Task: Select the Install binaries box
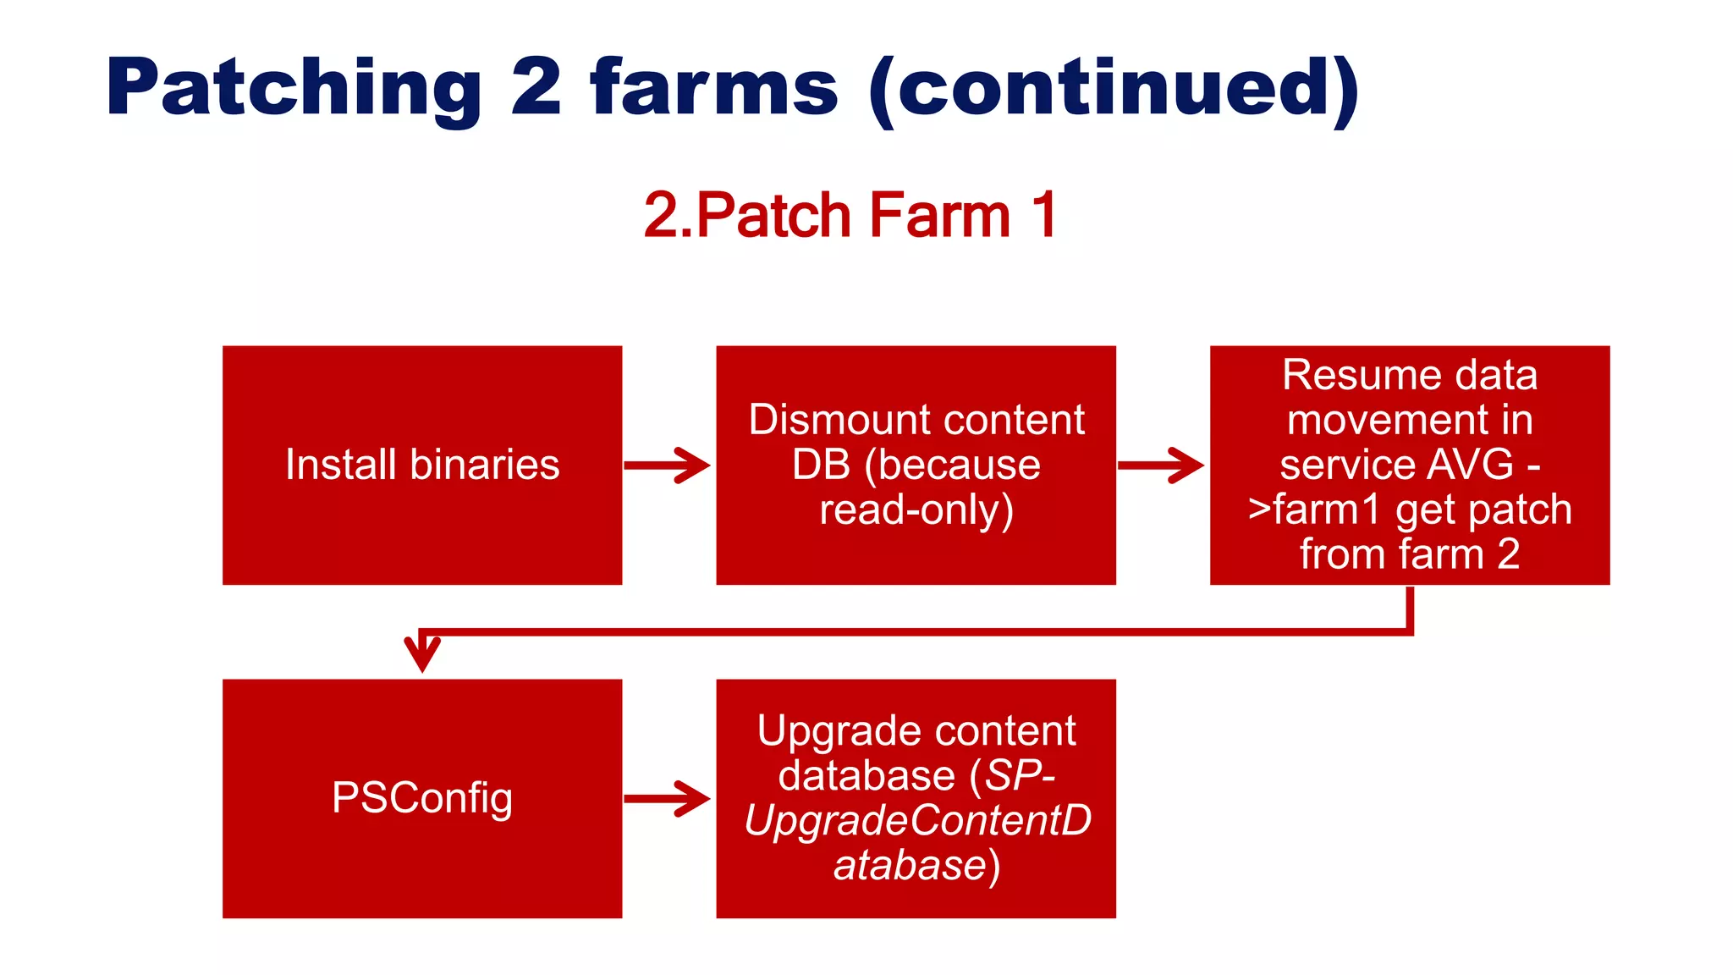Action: pos(422,465)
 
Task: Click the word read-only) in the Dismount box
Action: pos(916,510)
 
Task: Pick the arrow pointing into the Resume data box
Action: pos(1162,465)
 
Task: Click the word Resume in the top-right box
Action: pos(1345,375)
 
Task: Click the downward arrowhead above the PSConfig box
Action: pos(422,653)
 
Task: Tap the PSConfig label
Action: pos(422,798)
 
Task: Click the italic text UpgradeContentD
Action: pos(917,821)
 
